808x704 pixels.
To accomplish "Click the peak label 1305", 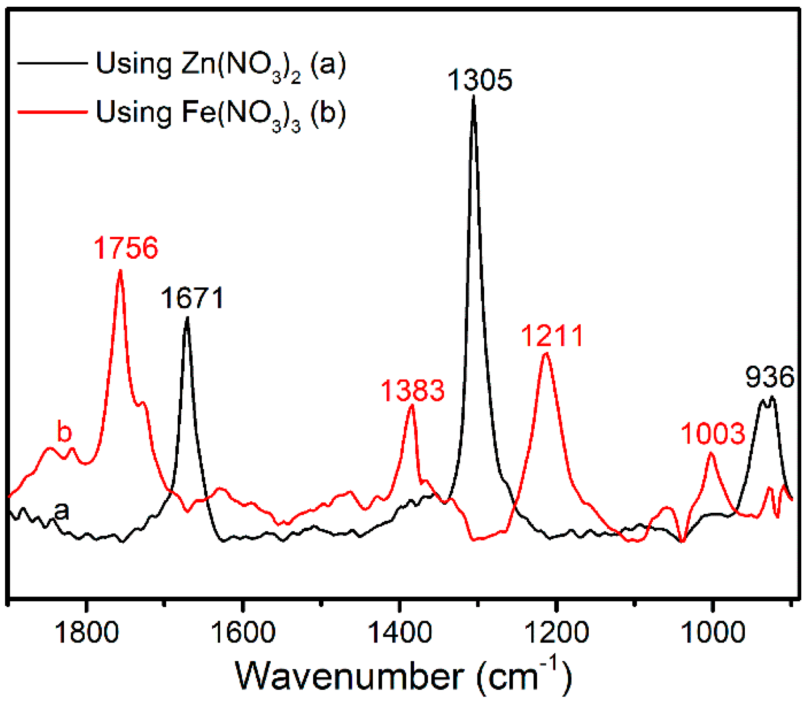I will [480, 80].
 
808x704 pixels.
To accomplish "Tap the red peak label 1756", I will [125, 248].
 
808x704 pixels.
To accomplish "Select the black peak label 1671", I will [192, 298].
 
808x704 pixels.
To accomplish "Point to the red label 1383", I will [413, 391].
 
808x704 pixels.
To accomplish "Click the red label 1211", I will [552, 336].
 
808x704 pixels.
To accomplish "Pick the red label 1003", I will [713, 434].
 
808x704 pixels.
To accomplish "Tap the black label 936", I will [770, 377].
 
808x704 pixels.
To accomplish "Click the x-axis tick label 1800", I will [86, 632].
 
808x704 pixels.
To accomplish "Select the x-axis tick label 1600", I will [243, 632].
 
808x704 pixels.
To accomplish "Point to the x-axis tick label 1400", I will [400, 632].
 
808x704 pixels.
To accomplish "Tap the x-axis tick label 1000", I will [713, 632].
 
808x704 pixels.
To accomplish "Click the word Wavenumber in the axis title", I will [349, 676].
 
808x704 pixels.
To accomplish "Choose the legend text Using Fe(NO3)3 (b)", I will [221, 113].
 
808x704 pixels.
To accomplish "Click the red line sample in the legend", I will [52, 112].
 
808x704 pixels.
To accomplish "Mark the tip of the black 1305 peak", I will [474, 97].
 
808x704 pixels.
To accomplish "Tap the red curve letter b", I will [64, 432].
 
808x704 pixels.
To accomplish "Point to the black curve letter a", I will [62, 511].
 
